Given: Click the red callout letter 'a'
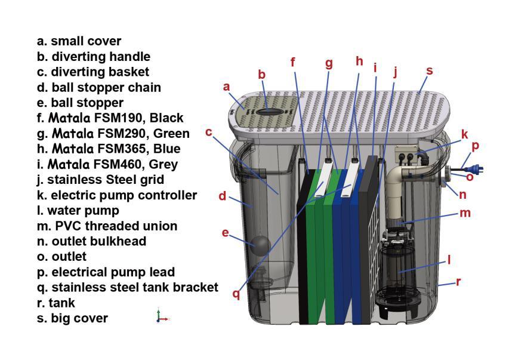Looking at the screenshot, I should [227, 87].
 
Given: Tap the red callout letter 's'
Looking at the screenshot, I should [429, 71].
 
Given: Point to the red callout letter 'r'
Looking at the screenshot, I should [458, 282].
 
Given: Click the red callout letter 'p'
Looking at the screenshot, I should [475, 146].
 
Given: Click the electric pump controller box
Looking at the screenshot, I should [409, 154].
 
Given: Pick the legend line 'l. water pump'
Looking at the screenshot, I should [78, 210].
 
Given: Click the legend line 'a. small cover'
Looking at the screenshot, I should [79, 41].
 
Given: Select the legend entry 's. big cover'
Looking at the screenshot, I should [72, 318].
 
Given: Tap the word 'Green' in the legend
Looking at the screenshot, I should [171, 133].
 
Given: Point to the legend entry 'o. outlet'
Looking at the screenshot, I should [61, 257].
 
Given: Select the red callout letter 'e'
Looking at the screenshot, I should [226, 233].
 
